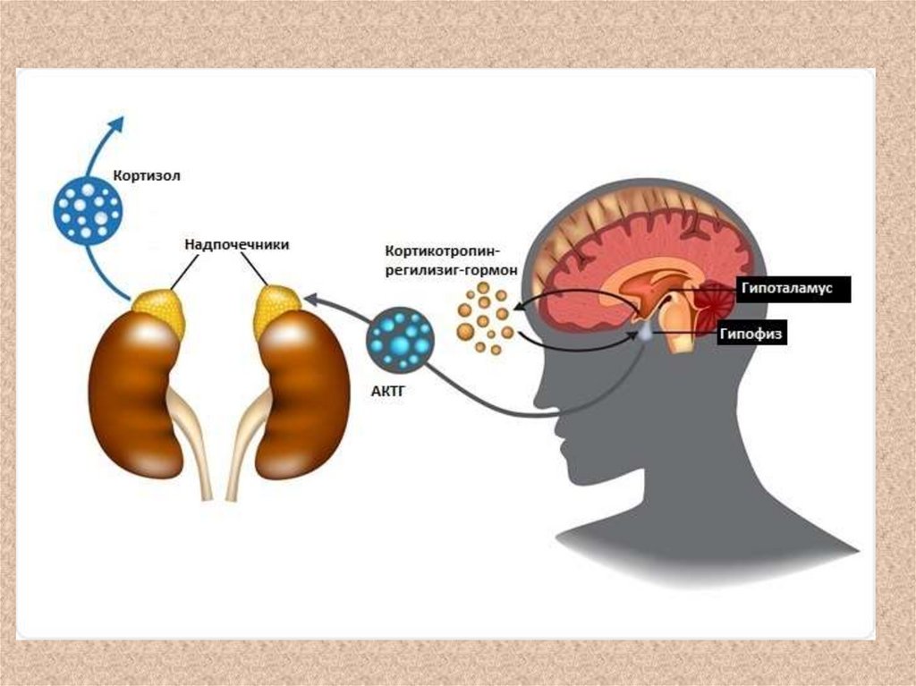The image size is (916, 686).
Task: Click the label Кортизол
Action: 147,175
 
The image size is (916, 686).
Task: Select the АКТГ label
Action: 387,390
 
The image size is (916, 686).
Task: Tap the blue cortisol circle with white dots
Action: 88,211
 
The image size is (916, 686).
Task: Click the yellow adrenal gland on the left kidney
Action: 159,310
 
